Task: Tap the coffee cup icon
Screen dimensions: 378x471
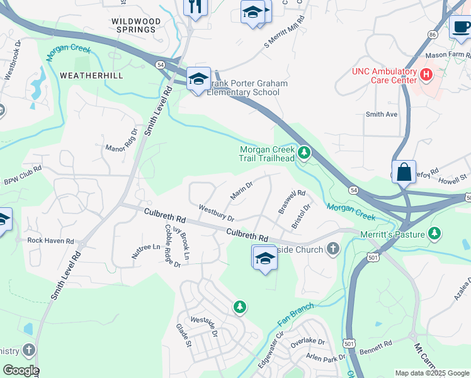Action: [x=461, y=26]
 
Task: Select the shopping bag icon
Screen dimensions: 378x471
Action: [x=404, y=171]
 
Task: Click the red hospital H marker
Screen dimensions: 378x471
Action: [x=426, y=75]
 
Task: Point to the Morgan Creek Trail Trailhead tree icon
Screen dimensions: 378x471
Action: [x=304, y=152]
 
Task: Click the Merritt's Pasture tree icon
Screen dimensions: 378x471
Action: [x=434, y=234]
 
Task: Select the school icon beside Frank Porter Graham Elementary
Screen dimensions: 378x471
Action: [x=198, y=79]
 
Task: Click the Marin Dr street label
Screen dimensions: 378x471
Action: [x=241, y=191]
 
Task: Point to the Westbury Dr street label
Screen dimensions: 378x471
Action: [x=216, y=213]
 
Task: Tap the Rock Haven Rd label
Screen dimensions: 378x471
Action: [x=50, y=241]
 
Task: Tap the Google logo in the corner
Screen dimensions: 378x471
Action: [x=20, y=370]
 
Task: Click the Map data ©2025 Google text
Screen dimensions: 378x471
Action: [x=431, y=373]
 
